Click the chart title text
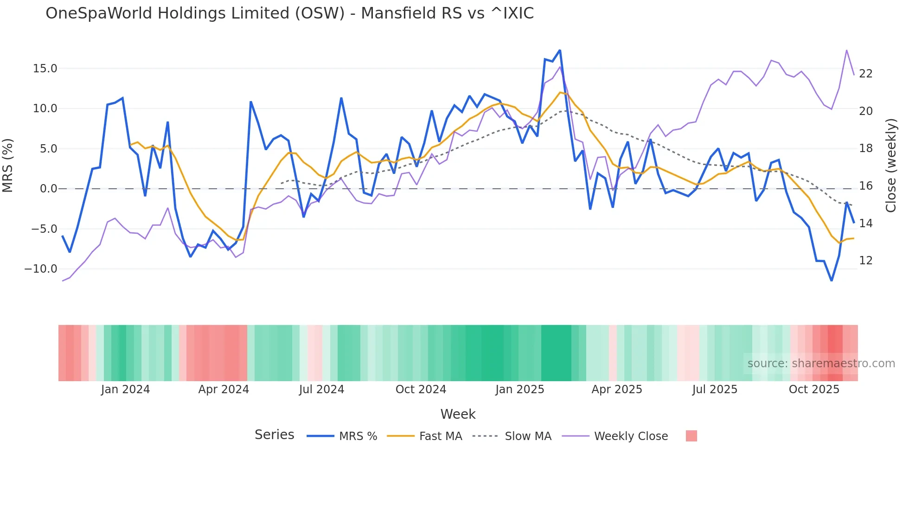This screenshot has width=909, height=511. tap(289, 13)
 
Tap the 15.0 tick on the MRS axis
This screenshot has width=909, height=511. tap(45, 69)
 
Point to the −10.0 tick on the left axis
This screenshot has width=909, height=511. tap(41, 269)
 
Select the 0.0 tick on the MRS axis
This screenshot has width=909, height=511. tap(48, 189)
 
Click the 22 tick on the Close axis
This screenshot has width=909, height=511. tap(865, 74)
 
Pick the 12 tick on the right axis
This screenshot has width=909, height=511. tap(865, 261)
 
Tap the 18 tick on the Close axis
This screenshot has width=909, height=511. tap(865, 148)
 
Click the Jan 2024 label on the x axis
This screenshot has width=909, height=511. tap(125, 390)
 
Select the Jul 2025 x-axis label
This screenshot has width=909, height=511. tap(715, 390)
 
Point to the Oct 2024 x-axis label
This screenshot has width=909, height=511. tap(421, 390)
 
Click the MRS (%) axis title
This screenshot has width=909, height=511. tap(8, 166)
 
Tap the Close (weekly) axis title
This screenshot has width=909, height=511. tap(890, 166)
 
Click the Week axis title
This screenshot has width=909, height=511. tap(458, 414)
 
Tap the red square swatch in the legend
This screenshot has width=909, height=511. tap(691, 436)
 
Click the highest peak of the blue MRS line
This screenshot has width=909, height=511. tap(560, 51)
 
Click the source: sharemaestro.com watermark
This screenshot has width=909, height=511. tap(821, 364)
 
